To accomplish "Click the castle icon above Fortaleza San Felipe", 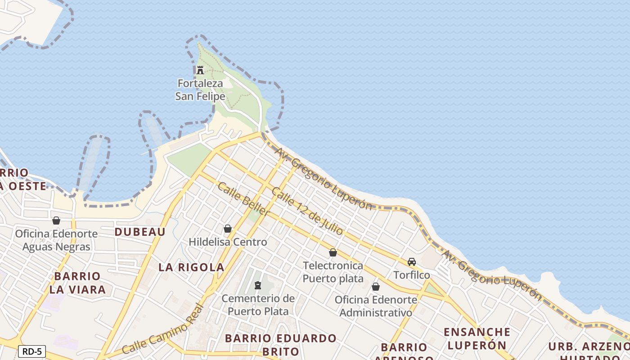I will (x=200, y=70).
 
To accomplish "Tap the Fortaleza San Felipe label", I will (x=200, y=90).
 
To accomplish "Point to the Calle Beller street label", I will (x=243, y=199).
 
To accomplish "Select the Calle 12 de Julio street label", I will (x=307, y=211).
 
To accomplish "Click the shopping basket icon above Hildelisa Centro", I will (x=228, y=229).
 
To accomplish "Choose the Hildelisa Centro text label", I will (x=228, y=242).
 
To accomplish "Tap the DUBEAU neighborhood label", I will (x=140, y=232).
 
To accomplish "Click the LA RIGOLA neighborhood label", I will (x=191, y=267).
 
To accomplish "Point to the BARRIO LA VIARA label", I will (x=77, y=283).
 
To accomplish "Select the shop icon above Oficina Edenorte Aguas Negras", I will (x=56, y=220).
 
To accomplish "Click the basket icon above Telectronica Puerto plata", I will (x=333, y=252).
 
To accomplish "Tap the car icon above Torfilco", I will (x=412, y=262).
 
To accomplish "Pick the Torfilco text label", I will (x=412, y=275).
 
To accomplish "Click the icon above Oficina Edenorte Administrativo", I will (x=376, y=287).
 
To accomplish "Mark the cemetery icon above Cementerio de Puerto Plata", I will (x=258, y=285).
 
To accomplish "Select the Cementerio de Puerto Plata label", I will (x=258, y=305).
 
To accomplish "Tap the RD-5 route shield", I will (x=32, y=351).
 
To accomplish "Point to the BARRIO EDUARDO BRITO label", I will (x=281, y=345).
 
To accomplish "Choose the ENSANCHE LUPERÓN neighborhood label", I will (x=477, y=338).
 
